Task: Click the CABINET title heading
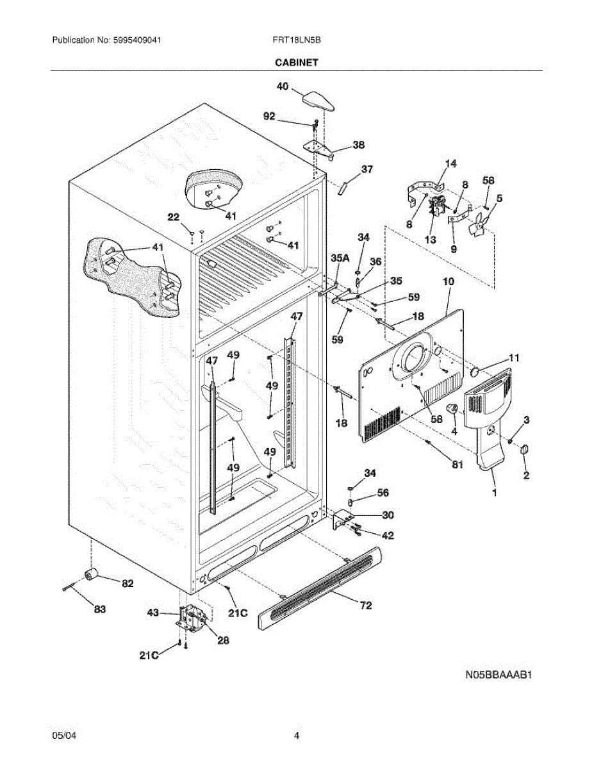point(297,63)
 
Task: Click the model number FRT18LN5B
point(296,40)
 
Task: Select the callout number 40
point(283,85)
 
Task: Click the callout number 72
point(365,605)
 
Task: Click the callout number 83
point(99,609)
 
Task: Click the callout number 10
point(448,281)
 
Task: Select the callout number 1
point(493,493)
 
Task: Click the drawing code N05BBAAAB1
point(499,675)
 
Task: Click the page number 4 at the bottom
point(297,736)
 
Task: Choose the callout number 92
point(270,117)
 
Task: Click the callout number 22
point(173,218)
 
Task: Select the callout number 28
point(222,640)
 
